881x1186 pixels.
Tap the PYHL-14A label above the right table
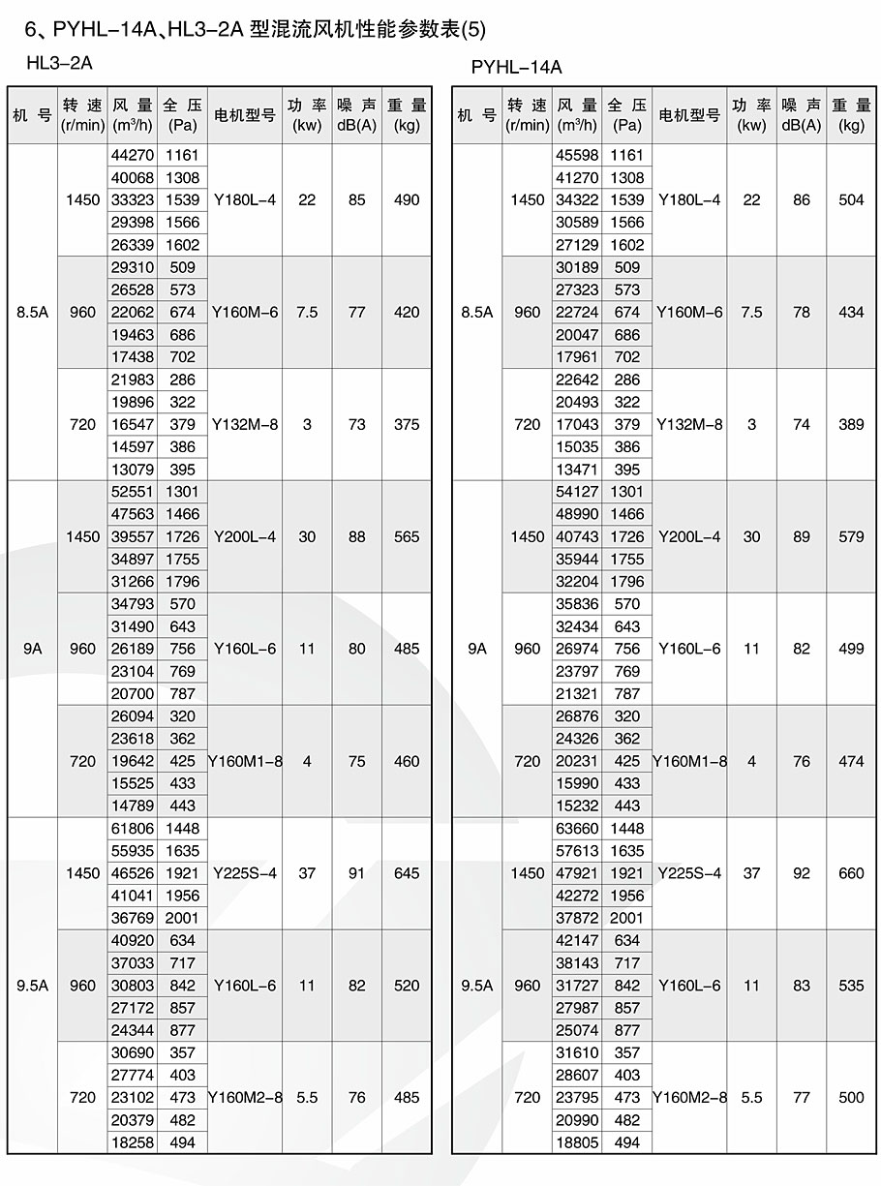516,67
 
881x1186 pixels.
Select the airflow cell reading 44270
132,155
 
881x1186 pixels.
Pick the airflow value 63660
577,829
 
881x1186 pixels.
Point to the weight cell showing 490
407,199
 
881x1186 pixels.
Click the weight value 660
851,873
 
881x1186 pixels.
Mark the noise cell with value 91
357,873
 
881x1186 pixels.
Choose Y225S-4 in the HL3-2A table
244,873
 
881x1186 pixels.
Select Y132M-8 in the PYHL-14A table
689,424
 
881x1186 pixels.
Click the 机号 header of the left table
32,115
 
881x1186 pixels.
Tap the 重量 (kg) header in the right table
851,115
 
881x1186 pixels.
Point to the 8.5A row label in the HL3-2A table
32,312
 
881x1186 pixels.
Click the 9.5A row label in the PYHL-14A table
476,986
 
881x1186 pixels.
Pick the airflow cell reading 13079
132,470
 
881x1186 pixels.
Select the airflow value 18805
577,1142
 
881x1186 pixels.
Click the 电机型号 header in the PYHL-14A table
689,115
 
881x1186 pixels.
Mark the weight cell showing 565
407,536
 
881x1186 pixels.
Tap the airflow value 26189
132,649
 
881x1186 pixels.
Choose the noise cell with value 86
802,199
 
